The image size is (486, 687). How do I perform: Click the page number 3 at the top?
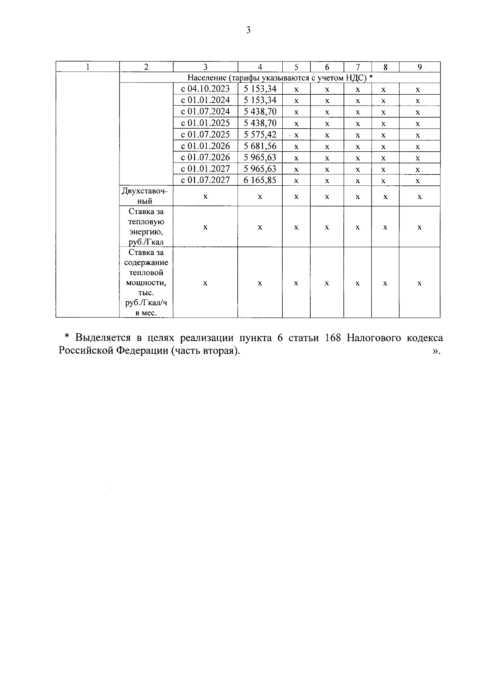coord(248,30)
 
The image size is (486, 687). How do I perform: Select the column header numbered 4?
coord(260,67)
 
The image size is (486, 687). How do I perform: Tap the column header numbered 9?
coord(420,67)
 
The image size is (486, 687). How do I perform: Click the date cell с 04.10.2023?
coord(205,89)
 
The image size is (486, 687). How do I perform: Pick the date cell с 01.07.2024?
coord(205,112)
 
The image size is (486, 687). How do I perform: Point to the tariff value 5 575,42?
coord(260,135)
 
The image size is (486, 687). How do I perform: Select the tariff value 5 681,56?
coord(260,146)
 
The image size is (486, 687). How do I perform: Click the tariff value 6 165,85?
coord(260,180)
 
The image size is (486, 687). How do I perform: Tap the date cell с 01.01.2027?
coord(205,169)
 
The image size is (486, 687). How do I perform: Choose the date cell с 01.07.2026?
coord(205,157)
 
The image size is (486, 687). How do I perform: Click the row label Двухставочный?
coord(146,196)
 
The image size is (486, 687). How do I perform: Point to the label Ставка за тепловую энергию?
coord(146,227)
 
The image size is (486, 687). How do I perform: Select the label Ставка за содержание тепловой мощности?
coord(146,282)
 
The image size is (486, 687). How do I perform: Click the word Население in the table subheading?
coord(205,78)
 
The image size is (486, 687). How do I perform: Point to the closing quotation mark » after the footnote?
coord(436,351)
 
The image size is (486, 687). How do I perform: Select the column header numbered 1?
coord(87,67)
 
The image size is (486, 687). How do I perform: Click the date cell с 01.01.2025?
coord(205,123)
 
